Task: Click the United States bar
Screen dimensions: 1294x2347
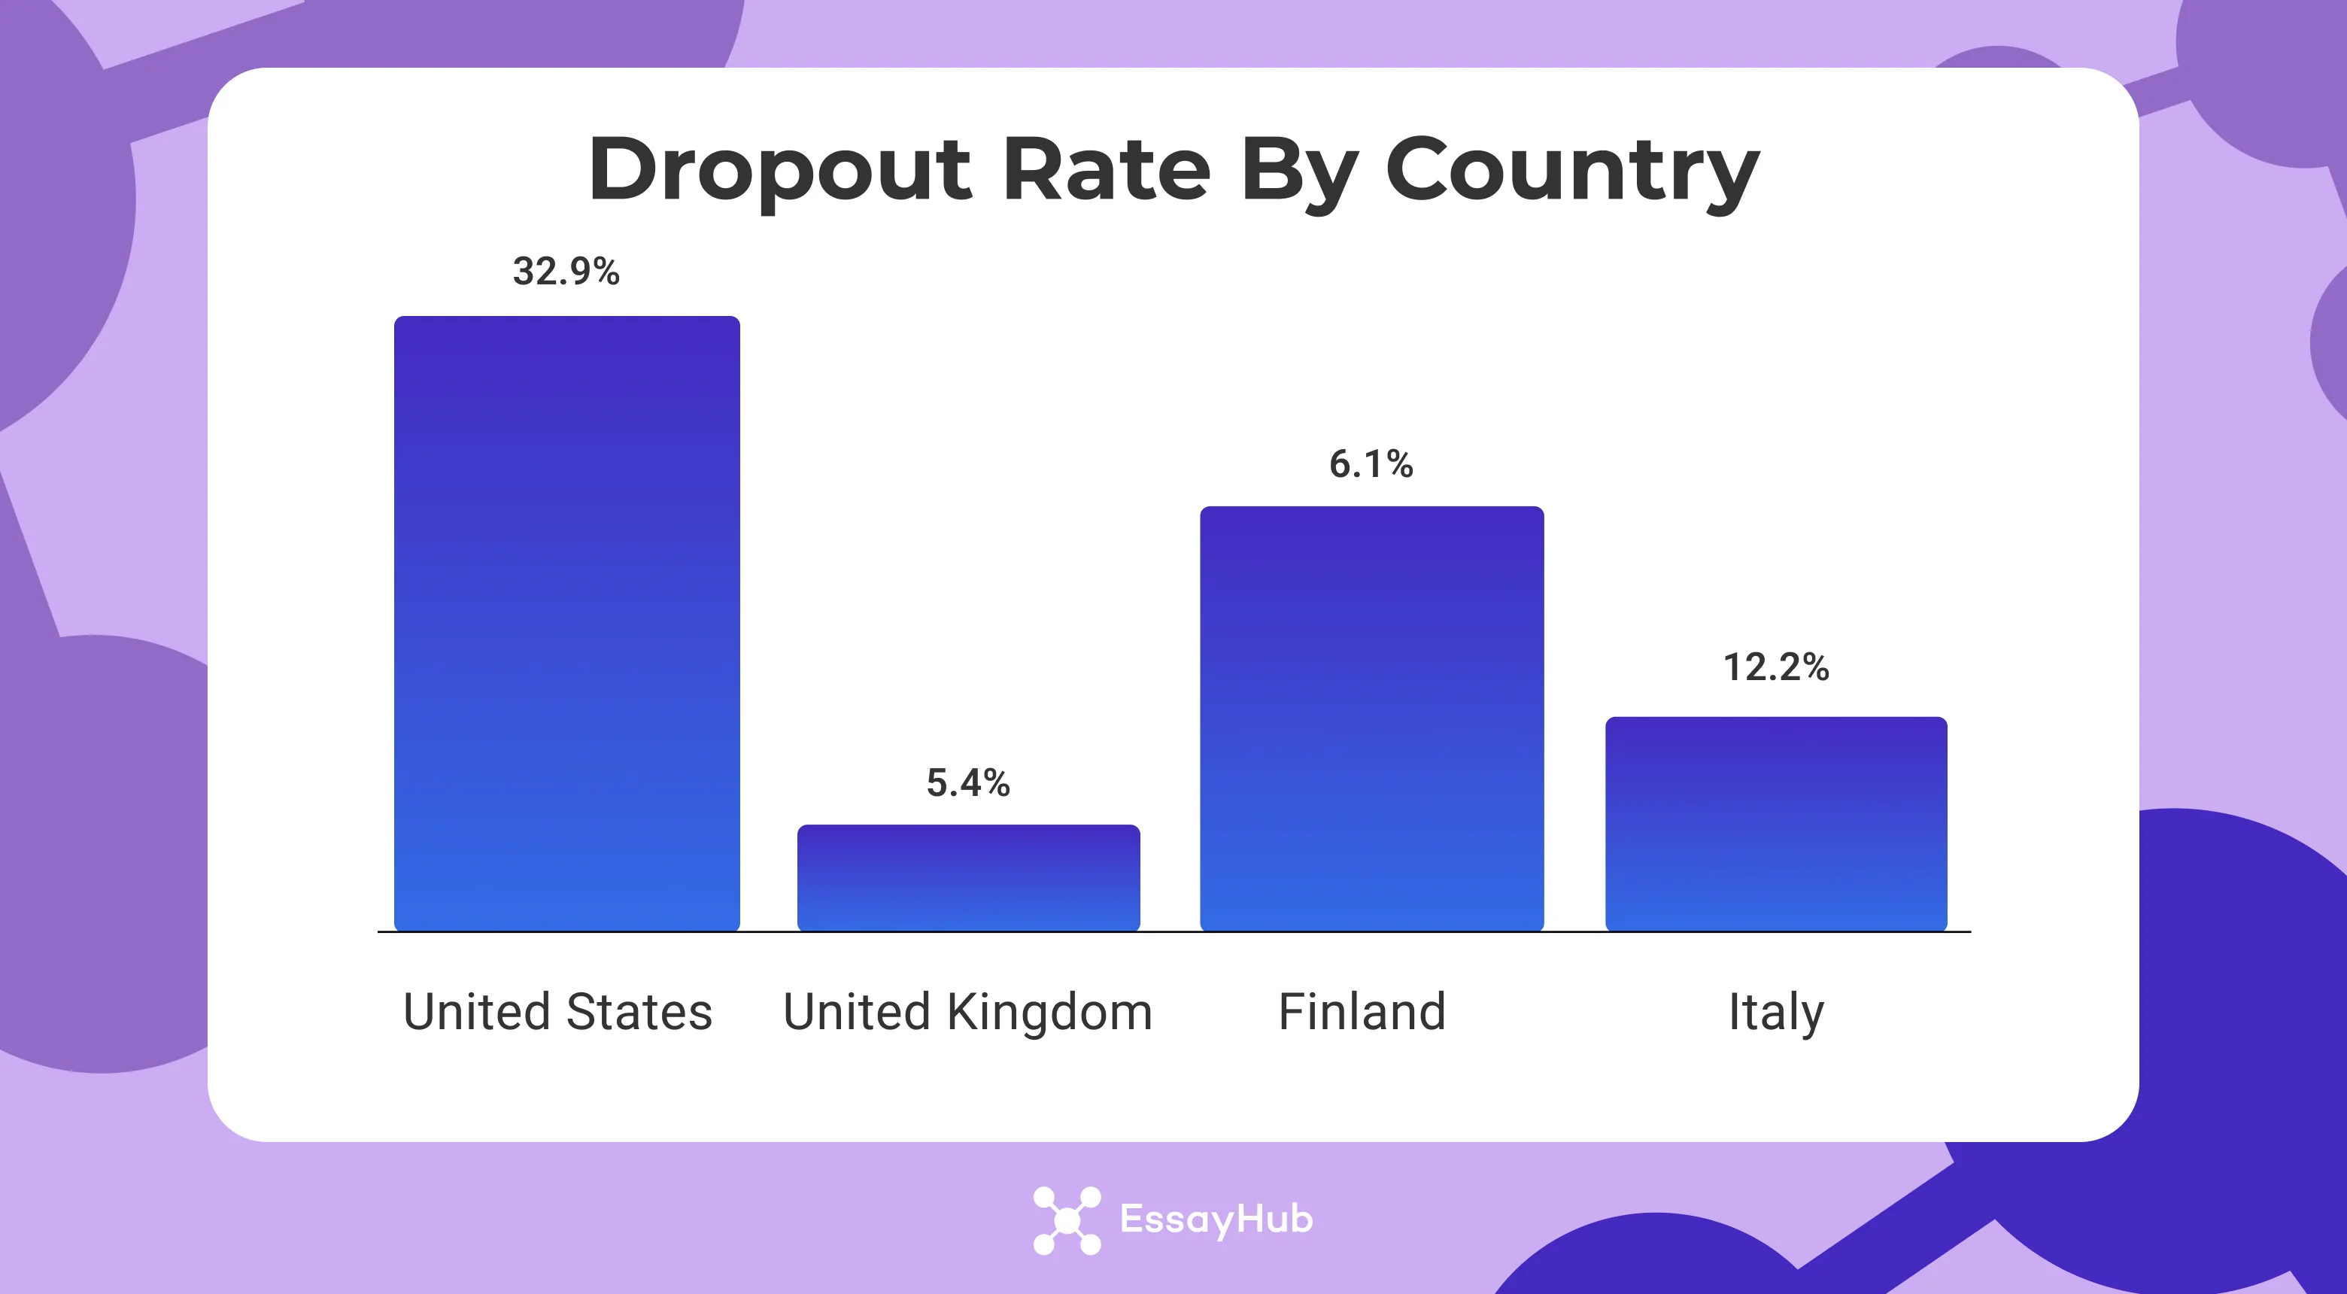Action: pos(566,624)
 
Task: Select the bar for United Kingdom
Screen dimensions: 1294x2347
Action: pos(968,877)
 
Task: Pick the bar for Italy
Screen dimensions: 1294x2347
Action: pos(1776,824)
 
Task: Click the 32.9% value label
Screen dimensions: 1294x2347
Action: pos(566,272)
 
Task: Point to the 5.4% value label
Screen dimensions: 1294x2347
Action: pos(967,782)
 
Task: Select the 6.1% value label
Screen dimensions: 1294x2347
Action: pos(1371,465)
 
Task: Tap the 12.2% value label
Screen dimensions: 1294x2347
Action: pos(1776,667)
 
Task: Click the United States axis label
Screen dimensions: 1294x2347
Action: pos(557,1012)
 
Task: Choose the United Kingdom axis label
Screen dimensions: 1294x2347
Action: pos(967,1012)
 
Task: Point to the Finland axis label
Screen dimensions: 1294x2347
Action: pos(1362,1012)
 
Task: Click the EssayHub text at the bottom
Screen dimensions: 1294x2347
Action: pos(1216,1220)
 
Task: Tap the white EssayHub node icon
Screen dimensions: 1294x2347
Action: pos(1066,1220)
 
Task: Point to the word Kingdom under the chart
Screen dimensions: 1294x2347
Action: pos(1049,1012)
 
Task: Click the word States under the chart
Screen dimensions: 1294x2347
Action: pos(639,1012)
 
